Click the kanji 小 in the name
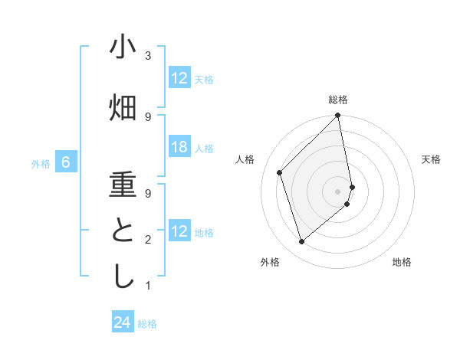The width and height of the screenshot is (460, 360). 123,47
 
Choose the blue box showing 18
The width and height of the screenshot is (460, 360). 179,148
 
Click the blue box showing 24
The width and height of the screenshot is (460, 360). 123,323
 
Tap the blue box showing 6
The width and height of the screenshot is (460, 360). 66,162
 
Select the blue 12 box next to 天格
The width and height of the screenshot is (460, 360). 179,78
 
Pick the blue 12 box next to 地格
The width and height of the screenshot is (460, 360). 179,232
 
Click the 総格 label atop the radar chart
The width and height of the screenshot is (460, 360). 338,100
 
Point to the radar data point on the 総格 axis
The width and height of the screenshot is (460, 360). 338,116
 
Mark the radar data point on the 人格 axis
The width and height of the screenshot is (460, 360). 280,172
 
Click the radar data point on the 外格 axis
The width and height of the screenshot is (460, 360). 301,242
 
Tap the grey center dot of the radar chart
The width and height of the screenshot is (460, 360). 338,191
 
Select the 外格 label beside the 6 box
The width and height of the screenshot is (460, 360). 40,163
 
